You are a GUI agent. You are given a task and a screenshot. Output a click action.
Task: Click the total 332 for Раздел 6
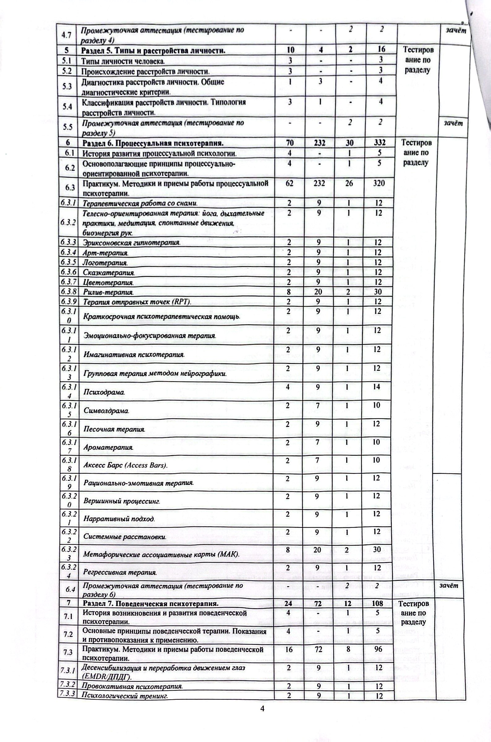coord(379,143)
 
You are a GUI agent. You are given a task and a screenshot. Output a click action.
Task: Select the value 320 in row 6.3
coord(379,183)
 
